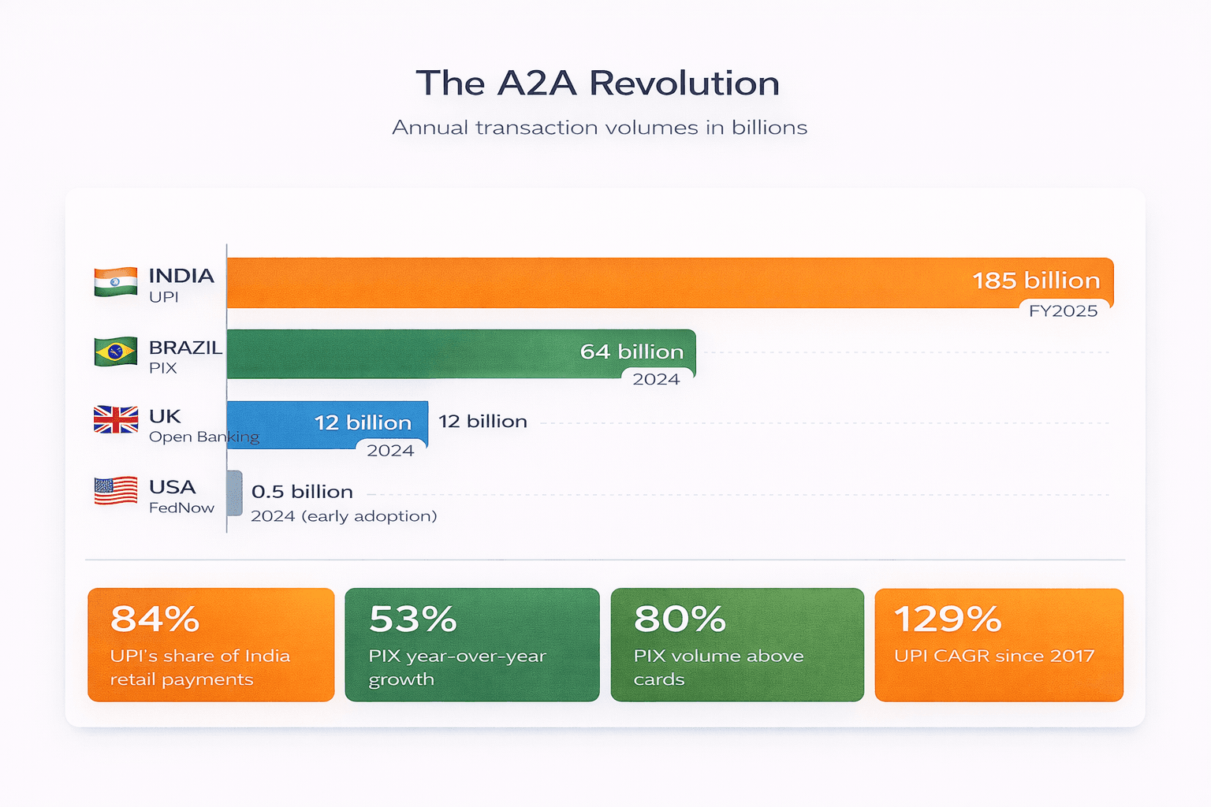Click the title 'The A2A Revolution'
[598, 84]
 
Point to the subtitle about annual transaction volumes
[599, 128]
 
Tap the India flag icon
[115, 282]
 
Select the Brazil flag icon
[115, 351]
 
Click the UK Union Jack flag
[115, 420]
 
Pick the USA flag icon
[115, 491]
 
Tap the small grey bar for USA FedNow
[234, 493]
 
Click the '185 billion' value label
[1036, 281]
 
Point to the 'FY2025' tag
[1063, 311]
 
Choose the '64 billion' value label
[632, 351]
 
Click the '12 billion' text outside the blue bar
[483, 422]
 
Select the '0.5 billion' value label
[302, 492]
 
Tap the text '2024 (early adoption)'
[344, 516]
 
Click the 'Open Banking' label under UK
[203, 437]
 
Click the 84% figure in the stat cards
[155, 619]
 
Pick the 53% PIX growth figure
[412, 619]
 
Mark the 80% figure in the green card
[679, 619]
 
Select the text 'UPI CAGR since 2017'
[994, 656]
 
